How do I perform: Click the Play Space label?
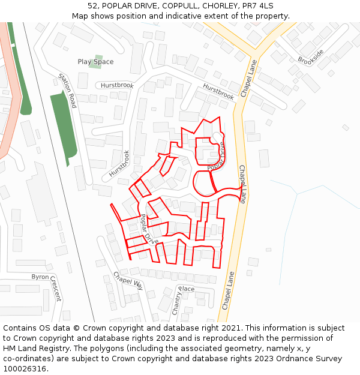pyautogui.click(x=95, y=62)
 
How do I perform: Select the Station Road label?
pyautogui.click(x=68, y=91)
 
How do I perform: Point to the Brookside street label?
pyautogui.click(x=310, y=56)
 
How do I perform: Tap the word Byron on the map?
pyautogui.click(x=40, y=277)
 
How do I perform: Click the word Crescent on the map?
pyautogui.click(x=55, y=289)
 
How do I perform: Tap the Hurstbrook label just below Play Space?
pyautogui.click(x=117, y=86)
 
